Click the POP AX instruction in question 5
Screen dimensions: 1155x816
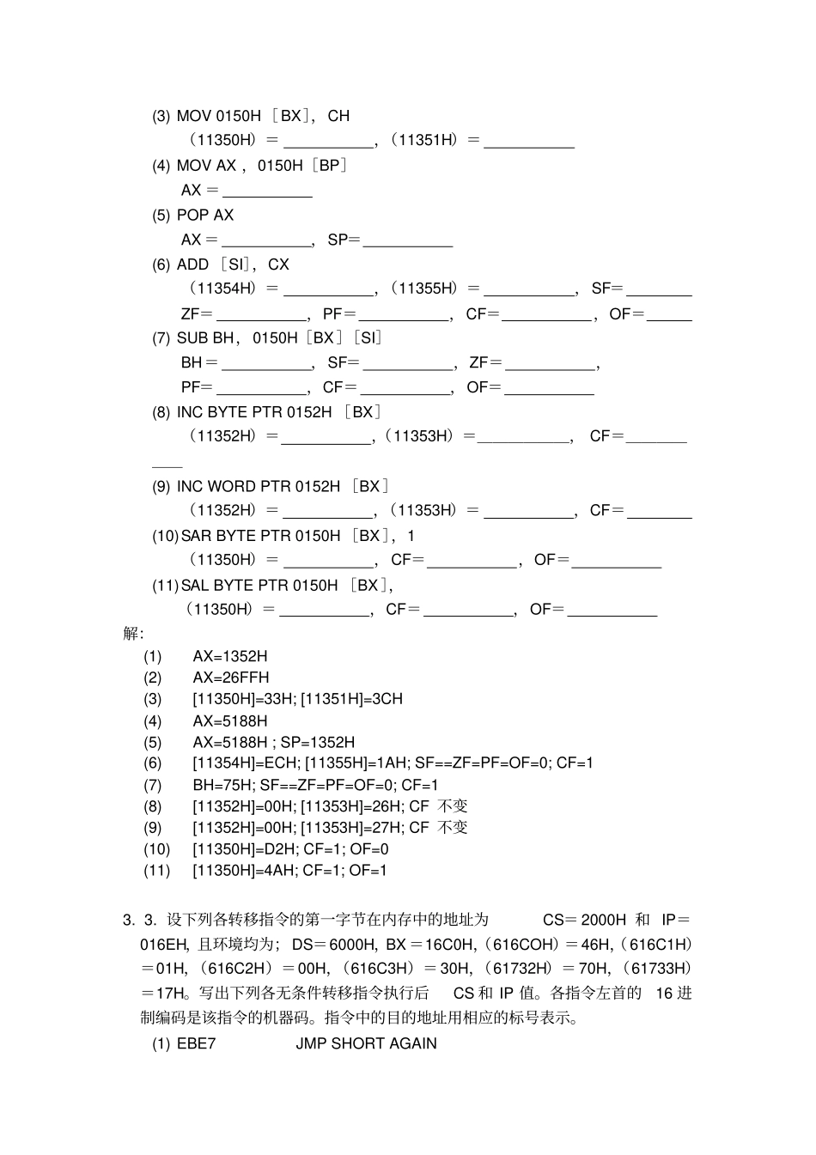[205, 215]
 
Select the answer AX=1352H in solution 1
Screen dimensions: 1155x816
[229, 656]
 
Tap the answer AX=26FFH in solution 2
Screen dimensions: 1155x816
[230, 678]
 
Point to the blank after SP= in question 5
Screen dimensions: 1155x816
[408, 242]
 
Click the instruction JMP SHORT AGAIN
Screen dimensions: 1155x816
[366, 1043]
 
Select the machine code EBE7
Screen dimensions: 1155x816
[196, 1043]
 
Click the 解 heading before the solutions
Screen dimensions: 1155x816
[133, 634]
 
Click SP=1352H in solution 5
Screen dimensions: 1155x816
[318, 742]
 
